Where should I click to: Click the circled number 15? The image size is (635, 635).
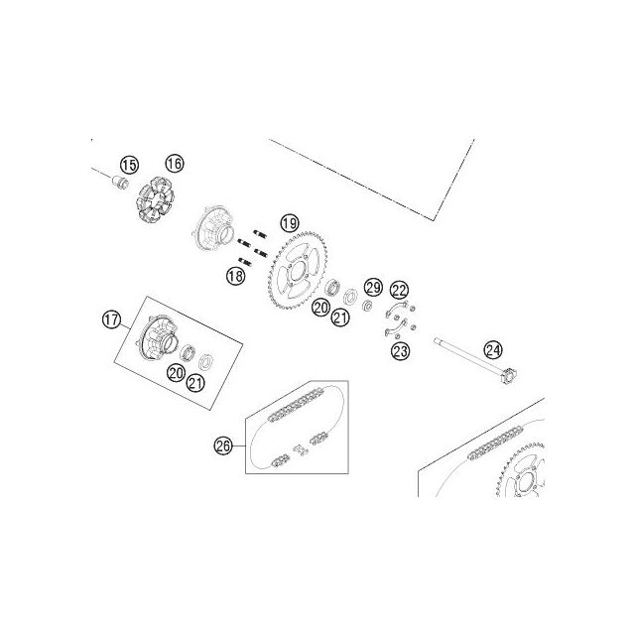point(129,166)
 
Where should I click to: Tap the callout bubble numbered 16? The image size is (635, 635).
point(175,164)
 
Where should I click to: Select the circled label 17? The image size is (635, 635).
point(111,319)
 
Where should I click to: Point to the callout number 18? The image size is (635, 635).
point(236,276)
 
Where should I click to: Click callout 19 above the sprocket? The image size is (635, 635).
point(290,223)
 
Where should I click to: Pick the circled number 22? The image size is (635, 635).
point(399,290)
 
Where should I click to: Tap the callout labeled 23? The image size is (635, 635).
point(401,350)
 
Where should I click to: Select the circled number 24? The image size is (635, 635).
point(493,350)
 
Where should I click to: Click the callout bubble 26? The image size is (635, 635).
point(223,445)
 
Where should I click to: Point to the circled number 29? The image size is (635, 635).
point(373,288)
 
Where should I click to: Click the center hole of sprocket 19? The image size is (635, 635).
point(299,272)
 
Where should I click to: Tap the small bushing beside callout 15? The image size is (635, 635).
point(120,183)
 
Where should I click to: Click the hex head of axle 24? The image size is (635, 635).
point(509,375)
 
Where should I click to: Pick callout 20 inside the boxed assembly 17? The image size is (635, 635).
point(177,373)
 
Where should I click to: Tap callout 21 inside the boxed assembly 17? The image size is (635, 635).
point(195,383)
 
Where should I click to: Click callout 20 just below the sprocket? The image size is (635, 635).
point(320,308)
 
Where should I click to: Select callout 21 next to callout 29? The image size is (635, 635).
point(340,317)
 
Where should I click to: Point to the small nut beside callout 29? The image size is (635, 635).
point(367,307)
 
